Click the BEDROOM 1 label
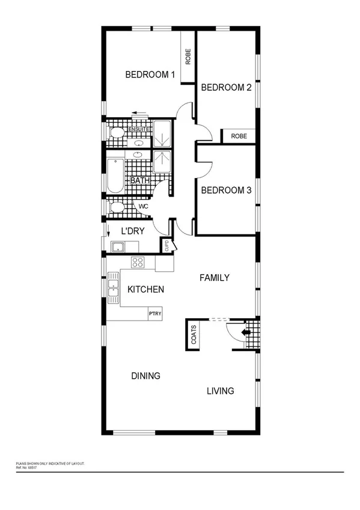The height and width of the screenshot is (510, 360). [x=150, y=75]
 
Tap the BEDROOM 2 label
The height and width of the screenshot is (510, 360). [x=225, y=88]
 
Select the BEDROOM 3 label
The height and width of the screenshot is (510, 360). [x=225, y=191]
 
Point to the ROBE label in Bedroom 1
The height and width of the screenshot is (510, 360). [x=188, y=57]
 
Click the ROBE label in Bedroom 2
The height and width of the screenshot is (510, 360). [x=239, y=137]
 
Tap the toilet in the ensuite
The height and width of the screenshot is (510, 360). [x=117, y=133]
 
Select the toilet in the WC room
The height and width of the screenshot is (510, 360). [x=117, y=207]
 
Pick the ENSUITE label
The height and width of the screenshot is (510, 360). [x=139, y=128]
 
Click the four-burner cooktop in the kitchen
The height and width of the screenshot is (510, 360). [x=138, y=262]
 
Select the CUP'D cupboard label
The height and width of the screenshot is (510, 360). [x=165, y=247]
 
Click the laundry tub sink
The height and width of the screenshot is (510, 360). [x=117, y=247]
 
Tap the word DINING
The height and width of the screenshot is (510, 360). [x=146, y=376]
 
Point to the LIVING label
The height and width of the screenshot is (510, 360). [x=221, y=392]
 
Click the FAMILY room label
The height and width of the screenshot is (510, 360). [x=215, y=278]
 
